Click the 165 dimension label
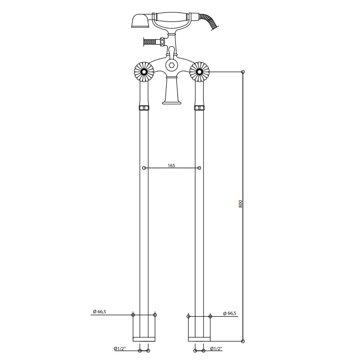171,166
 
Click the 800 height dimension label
240,204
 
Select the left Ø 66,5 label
99,312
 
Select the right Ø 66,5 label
229,313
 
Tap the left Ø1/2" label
120,349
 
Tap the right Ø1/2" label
216,349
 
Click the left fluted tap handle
143,72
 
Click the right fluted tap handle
200,72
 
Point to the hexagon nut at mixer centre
171,65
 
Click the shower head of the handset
140,21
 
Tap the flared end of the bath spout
172,102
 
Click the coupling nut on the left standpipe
144,107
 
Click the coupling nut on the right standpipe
200,107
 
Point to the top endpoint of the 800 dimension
243,72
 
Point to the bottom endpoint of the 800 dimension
243,341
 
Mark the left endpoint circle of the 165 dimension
144,168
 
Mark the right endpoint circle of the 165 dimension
200,168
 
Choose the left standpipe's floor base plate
144,339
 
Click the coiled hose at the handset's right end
210,21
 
